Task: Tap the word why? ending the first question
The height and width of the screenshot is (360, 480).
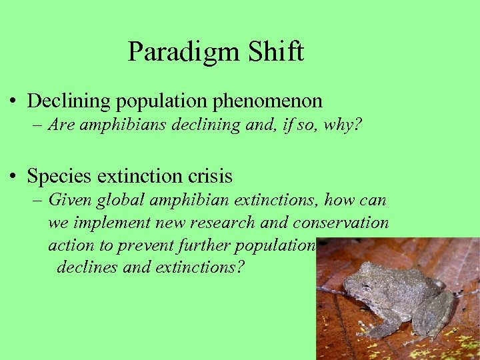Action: pos(343,125)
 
